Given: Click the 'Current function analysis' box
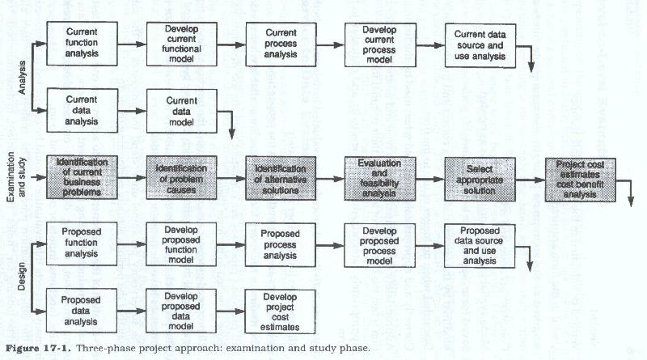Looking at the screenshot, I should click(x=82, y=42).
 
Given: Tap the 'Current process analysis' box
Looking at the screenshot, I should click(x=280, y=42).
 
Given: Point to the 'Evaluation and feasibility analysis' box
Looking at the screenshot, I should click(x=379, y=178).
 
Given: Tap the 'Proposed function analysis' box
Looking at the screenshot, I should click(x=82, y=244).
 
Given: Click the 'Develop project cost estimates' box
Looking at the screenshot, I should click(x=280, y=312).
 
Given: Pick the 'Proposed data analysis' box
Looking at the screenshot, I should click(x=82, y=311).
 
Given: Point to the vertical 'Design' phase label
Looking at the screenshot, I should click(x=22, y=276).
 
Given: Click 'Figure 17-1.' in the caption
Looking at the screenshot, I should click(x=34, y=349).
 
